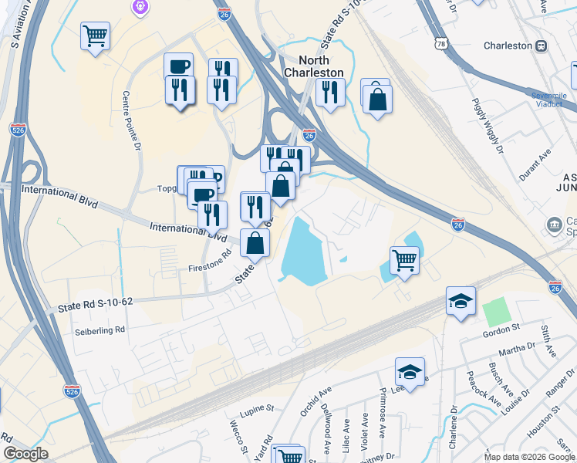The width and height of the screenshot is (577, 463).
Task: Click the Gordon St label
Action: click(x=499, y=332)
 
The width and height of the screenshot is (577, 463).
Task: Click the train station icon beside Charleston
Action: click(x=542, y=46)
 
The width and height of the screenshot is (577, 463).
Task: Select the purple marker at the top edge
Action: click(x=139, y=7)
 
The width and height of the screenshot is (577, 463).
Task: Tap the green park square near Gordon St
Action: click(x=497, y=311)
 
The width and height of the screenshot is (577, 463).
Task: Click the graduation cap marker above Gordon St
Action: click(x=461, y=301)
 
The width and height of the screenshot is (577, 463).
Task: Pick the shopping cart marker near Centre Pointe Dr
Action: click(x=95, y=35)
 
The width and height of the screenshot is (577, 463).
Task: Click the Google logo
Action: click(x=25, y=454)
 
